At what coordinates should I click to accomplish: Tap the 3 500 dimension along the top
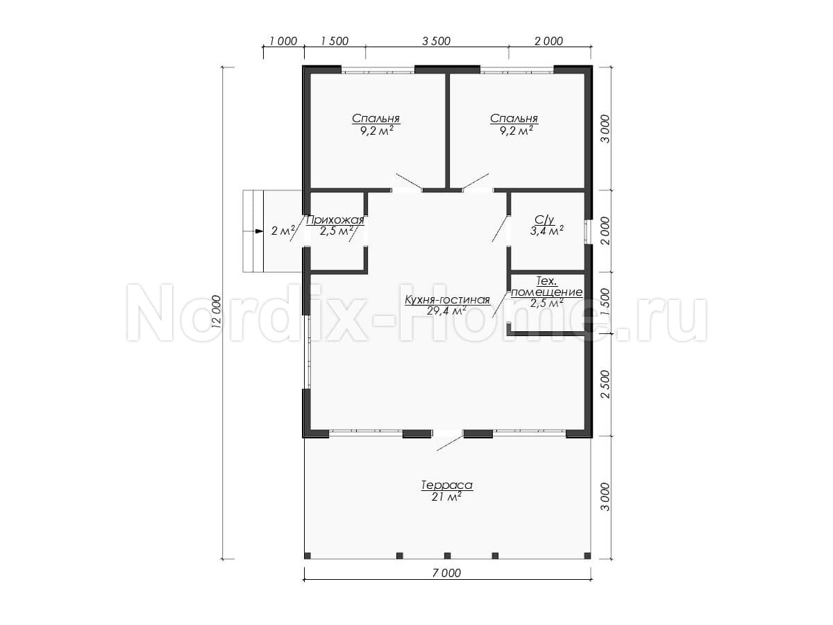tap(437, 41)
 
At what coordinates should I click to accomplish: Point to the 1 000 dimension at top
tap(283, 41)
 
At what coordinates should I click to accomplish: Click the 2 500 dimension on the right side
tap(606, 384)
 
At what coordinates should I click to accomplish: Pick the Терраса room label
tap(446, 485)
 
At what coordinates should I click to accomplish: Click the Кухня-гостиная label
tap(447, 300)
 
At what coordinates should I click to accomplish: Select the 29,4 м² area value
tap(446, 311)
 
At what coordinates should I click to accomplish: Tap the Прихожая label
tap(335, 219)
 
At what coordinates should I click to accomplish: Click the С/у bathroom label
tap(545, 219)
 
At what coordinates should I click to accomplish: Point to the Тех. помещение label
tap(546, 287)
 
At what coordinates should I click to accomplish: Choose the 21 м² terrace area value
tap(446, 497)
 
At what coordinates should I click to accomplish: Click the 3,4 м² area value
tap(546, 231)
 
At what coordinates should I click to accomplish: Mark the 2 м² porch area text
tap(283, 231)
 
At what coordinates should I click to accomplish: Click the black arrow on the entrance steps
tap(259, 231)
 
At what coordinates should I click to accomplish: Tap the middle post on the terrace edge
tap(448, 556)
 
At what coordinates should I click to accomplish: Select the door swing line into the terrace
tap(450, 443)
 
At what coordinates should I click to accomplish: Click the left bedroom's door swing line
tap(409, 181)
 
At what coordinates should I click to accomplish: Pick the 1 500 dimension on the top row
tap(335, 41)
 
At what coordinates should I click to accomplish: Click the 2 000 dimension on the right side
tap(606, 231)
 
